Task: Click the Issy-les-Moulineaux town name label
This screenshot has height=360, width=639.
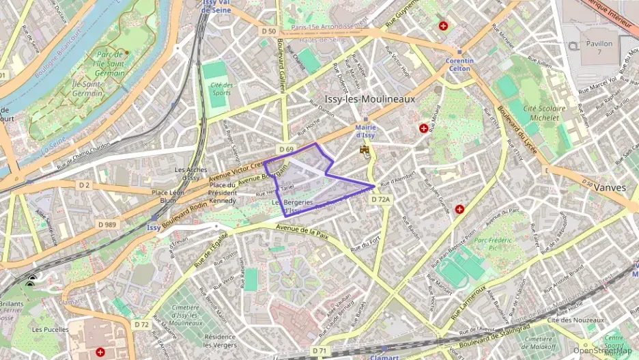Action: click(369, 99)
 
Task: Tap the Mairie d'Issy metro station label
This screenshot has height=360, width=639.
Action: click(366, 131)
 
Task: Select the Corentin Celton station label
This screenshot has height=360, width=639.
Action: click(459, 64)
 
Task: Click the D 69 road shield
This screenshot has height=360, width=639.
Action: click(286, 149)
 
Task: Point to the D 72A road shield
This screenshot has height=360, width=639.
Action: click(381, 199)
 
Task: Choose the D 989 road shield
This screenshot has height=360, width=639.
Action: click(106, 225)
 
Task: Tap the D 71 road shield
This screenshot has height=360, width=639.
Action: click(319, 350)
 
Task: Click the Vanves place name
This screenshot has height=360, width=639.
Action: click(610, 187)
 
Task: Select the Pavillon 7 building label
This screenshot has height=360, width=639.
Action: click(599, 48)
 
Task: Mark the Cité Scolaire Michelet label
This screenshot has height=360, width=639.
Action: click(544, 113)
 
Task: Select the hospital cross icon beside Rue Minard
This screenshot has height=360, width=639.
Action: click(424, 128)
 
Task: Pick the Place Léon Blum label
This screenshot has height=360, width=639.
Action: click(167, 197)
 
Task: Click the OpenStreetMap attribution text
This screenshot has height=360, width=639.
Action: click(602, 350)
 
